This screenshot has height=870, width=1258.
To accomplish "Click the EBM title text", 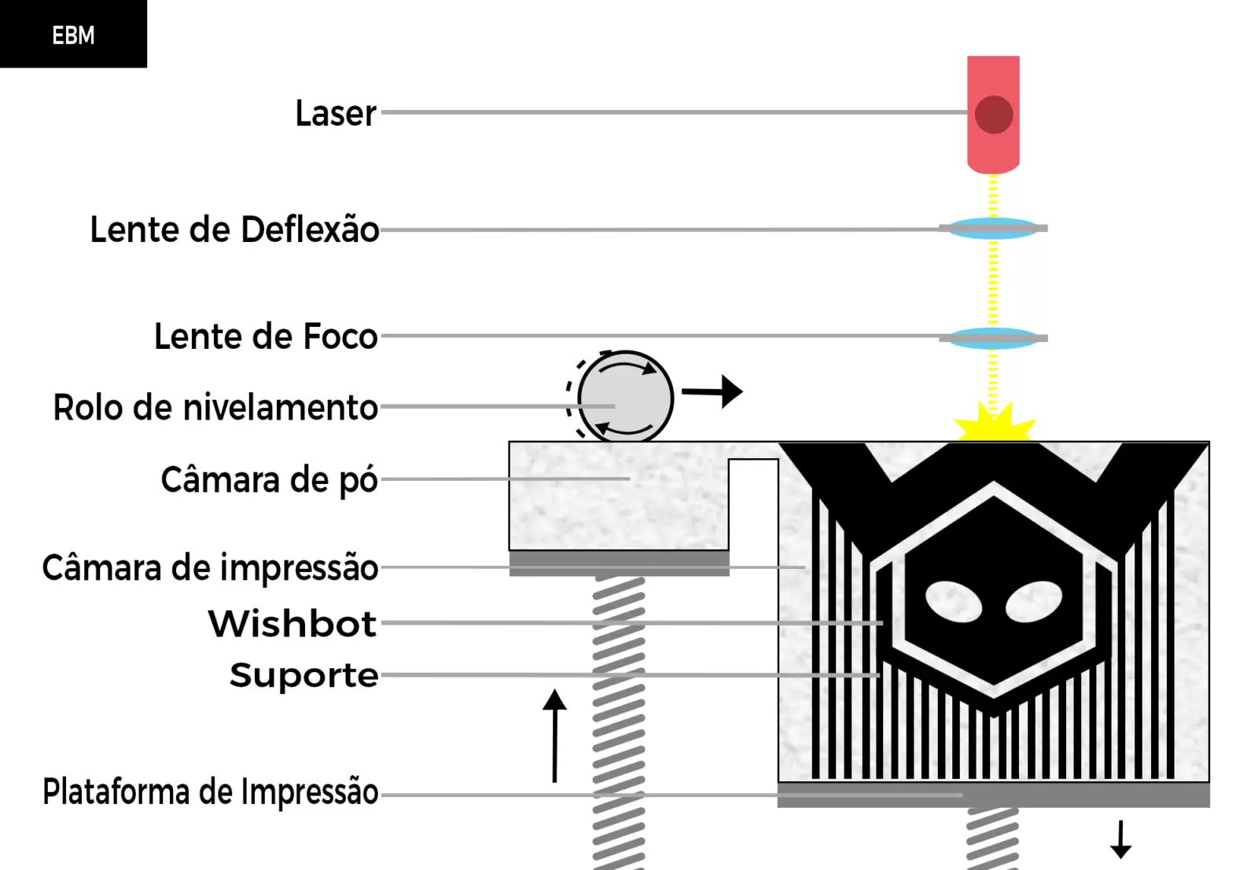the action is pos(73,35).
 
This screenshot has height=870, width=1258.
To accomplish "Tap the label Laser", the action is pos(336,113).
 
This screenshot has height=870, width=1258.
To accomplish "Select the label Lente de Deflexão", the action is pos(235,229).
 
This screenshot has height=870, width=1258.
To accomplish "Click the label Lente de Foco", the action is pos(266,336).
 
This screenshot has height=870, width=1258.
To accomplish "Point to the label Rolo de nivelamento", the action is pos(215,407).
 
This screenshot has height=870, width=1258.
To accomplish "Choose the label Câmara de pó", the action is pos(269,480).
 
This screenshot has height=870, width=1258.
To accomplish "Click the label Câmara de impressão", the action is pos(210,568).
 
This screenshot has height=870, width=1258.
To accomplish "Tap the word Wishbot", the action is pos(292,623).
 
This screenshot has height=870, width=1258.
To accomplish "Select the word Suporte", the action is pos(303,675).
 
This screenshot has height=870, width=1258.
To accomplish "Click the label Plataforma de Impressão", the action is pos(210,792).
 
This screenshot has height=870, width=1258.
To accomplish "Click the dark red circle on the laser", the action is pos(994,115).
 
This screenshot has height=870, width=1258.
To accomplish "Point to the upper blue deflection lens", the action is pos(993,229).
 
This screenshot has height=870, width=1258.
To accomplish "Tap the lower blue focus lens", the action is pos(993,339).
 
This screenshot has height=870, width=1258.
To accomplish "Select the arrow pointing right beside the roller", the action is pos(712,391).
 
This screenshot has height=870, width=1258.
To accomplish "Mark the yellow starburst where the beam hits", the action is pos(994,424).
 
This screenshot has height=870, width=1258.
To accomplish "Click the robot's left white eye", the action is pos(954,602).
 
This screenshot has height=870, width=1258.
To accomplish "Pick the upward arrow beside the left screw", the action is pos(555,736).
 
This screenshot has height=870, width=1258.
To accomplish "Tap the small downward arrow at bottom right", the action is pos(1121,839).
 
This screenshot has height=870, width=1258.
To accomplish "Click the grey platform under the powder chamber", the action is pos(620,563).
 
